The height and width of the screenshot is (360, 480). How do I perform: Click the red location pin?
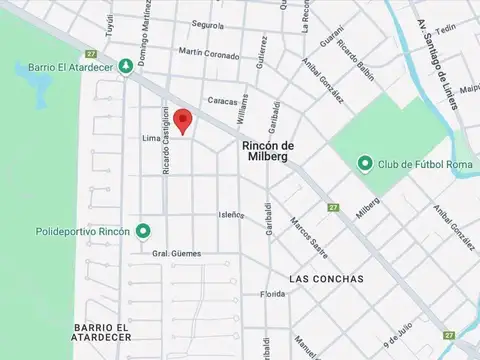pos(182,120)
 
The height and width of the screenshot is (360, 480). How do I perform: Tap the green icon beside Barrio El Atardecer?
pos(125,67)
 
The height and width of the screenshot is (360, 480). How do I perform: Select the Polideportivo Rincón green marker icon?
pos(143,231)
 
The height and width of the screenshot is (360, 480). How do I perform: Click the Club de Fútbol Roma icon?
pos(366,163)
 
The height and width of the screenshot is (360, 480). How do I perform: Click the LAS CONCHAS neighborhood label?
pos(325,278)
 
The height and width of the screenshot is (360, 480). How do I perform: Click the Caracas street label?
pos(223,100)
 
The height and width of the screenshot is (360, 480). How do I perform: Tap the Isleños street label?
pos(232,214)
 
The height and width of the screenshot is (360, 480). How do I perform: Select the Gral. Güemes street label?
pos(176,254)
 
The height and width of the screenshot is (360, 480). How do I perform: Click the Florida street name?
pos(273,294)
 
